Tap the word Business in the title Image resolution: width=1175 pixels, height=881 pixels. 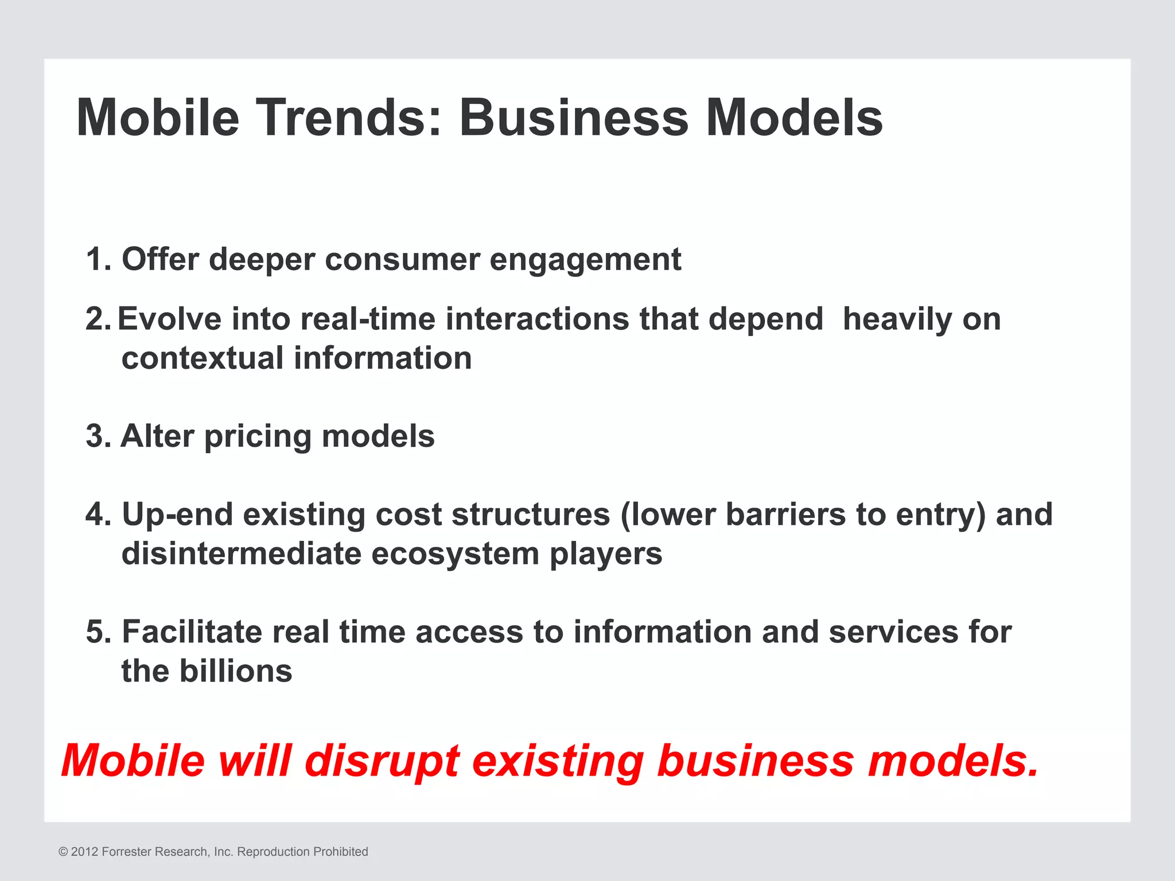tap(573, 118)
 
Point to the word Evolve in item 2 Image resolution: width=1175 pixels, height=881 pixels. tap(169, 319)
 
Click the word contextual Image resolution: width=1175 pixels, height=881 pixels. tap(202, 358)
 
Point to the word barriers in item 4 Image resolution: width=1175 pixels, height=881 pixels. tap(785, 514)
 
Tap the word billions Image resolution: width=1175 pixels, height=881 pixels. tap(235, 671)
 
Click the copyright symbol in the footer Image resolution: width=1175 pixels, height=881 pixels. tap(63, 852)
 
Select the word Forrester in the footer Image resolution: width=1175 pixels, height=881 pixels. tap(127, 852)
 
